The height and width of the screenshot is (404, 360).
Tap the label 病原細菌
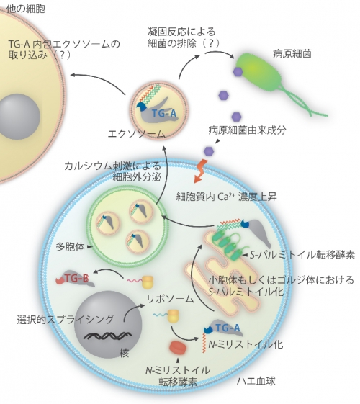(x=292, y=54)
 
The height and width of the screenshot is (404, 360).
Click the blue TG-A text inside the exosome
(x=164, y=113)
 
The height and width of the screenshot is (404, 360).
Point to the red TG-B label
(x=76, y=278)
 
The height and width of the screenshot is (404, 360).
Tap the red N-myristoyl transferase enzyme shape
(x=178, y=347)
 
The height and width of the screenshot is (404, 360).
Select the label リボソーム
(x=170, y=299)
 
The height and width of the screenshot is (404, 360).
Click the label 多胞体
(x=71, y=247)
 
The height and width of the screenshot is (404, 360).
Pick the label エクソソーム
(x=136, y=134)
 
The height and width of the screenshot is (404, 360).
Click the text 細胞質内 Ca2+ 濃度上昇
(x=226, y=197)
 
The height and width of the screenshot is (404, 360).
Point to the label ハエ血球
(x=256, y=381)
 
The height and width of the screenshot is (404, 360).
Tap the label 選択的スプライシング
(x=66, y=319)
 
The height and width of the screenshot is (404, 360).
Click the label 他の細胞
(x=26, y=9)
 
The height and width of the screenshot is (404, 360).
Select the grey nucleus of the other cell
(x=19, y=117)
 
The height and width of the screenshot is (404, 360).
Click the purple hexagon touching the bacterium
(x=238, y=71)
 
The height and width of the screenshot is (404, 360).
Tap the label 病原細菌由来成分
(x=247, y=130)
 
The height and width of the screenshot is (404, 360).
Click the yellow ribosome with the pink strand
(x=148, y=282)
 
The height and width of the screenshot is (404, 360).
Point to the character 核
(x=124, y=353)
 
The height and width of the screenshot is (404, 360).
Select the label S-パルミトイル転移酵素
(x=302, y=255)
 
